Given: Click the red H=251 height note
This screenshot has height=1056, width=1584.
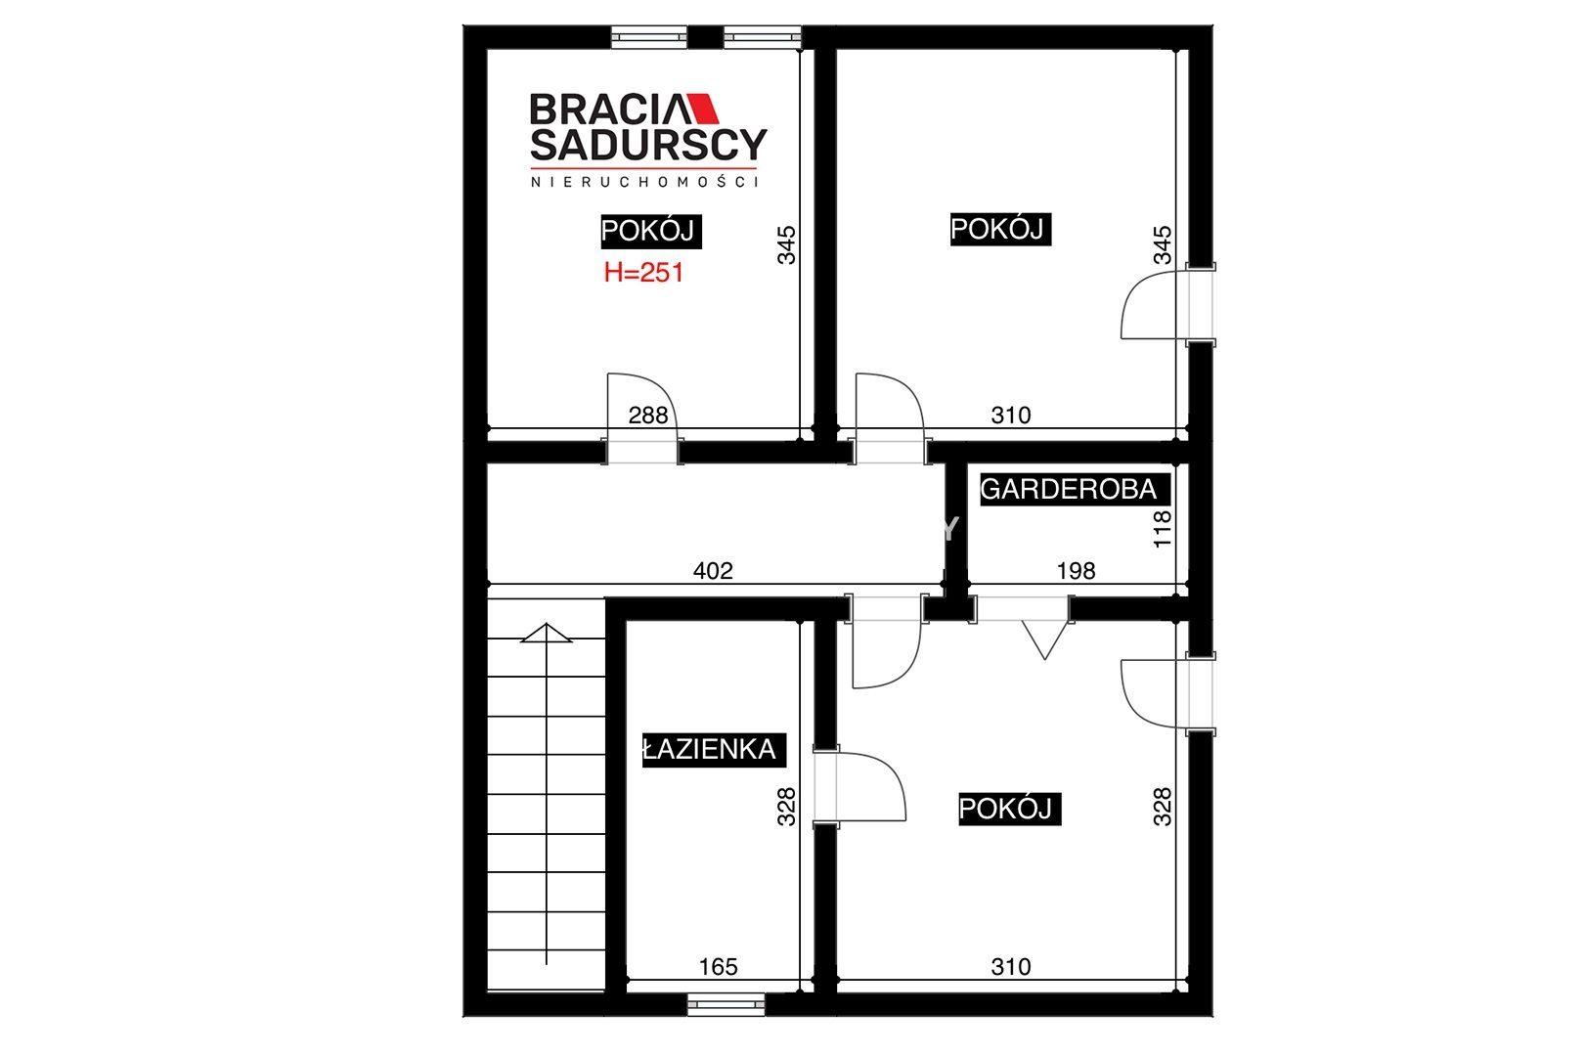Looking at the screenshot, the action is (x=643, y=273).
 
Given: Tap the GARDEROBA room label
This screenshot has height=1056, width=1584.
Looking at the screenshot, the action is (x=1069, y=490).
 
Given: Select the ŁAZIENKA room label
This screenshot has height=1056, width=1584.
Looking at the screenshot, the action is (x=709, y=749).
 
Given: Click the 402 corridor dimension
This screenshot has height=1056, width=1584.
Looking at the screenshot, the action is (x=713, y=570).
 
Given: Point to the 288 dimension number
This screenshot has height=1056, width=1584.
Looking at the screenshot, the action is (x=647, y=416).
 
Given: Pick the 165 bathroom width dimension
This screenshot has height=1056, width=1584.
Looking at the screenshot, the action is (x=718, y=966).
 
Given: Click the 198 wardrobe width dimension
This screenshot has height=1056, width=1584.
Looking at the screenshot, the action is (x=1076, y=570).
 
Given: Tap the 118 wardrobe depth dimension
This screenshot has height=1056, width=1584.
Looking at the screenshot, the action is (x=1162, y=529).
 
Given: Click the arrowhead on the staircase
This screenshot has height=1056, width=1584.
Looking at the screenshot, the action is (x=546, y=633).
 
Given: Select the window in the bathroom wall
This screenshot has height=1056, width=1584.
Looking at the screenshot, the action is (x=726, y=1005).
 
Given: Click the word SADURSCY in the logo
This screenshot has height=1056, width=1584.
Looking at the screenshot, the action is (x=648, y=145).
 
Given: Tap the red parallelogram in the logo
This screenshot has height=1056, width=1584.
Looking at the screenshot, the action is (x=704, y=108).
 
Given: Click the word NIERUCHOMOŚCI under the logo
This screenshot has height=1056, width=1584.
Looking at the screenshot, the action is (x=644, y=182).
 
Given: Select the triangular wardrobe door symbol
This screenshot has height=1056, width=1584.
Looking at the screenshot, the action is (x=1044, y=639).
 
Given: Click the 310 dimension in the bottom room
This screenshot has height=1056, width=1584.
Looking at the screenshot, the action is (x=1010, y=966).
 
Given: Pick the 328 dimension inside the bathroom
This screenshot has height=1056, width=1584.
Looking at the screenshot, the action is (x=785, y=807).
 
